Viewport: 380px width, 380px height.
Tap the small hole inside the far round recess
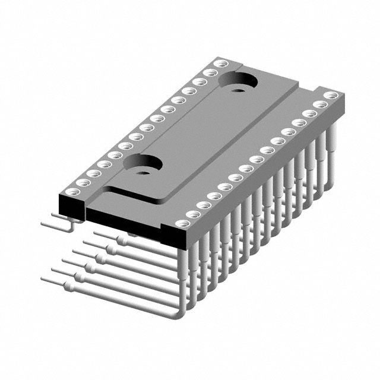[x=239, y=91]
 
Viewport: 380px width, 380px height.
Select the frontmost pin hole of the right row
[x=183, y=223]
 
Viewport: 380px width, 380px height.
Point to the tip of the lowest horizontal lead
[x=43, y=278]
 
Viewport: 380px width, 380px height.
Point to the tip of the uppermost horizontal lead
[x=43, y=224]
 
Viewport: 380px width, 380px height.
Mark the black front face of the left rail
[x=72, y=207]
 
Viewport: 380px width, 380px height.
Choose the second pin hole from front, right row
[x=194, y=214]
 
